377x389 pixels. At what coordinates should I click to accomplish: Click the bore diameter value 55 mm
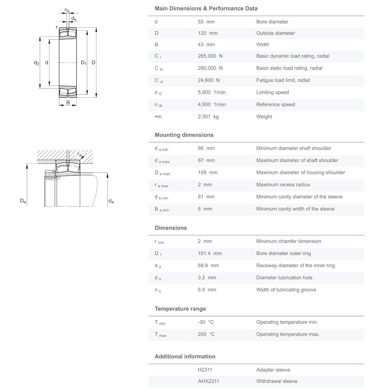(x=206, y=22)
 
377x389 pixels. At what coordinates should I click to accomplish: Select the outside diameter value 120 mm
(x=208, y=33)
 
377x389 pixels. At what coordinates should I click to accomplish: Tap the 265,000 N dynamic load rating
(x=210, y=56)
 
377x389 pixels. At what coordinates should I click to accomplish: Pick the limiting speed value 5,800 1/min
(x=212, y=92)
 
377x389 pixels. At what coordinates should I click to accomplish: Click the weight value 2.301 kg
(x=208, y=117)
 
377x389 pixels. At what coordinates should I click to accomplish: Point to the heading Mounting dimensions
(x=184, y=135)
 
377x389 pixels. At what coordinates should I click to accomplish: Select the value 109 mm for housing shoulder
(x=208, y=172)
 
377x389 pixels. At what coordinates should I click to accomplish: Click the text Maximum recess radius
(x=283, y=185)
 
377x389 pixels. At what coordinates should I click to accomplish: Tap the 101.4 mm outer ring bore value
(x=210, y=254)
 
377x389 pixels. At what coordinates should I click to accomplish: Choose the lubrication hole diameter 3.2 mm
(x=207, y=278)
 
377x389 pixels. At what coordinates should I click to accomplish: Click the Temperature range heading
(x=180, y=309)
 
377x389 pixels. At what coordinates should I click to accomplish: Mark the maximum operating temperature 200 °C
(x=206, y=334)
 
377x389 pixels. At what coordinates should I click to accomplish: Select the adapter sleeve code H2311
(x=205, y=370)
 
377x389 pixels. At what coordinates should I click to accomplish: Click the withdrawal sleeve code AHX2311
(x=208, y=381)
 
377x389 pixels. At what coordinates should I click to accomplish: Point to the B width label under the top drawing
(x=68, y=103)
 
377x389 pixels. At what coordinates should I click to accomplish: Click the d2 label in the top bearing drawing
(x=36, y=63)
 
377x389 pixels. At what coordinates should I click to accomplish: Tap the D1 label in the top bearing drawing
(x=83, y=63)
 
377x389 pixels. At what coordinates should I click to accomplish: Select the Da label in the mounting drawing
(x=23, y=201)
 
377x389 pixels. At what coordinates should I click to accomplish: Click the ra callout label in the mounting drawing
(x=80, y=154)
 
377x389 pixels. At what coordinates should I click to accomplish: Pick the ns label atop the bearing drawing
(x=67, y=10)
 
